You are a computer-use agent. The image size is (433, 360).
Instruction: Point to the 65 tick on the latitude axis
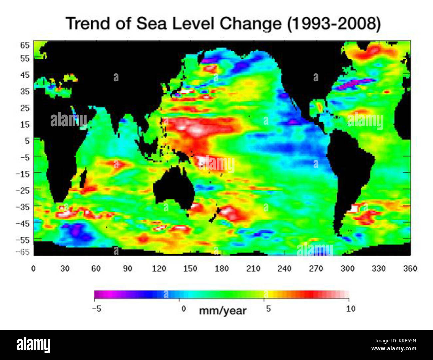coord(25,45)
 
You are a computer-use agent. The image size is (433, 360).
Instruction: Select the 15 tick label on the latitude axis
coord(25,124)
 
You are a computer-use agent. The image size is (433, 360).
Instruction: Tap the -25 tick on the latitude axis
coord(23,190)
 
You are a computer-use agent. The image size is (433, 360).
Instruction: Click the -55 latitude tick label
coord(23,240)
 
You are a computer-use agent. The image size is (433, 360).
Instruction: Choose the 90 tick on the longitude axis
coord(128,269)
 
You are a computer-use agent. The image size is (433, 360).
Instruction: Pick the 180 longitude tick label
coord(221,269)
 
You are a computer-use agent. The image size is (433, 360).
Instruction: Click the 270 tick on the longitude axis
coord(316,269)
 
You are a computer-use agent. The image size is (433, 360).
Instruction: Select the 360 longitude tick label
coord(410,269)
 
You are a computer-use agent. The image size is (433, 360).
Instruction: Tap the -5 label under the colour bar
coord(97,309)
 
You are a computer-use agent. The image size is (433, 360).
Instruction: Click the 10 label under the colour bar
coord(350,309)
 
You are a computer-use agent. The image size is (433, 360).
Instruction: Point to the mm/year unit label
coord(223,311)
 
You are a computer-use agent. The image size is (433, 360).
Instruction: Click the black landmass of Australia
coord(173,190)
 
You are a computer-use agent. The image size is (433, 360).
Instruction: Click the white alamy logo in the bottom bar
coord(33,345)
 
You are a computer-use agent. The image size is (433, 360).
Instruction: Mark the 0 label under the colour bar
coord(184,309)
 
